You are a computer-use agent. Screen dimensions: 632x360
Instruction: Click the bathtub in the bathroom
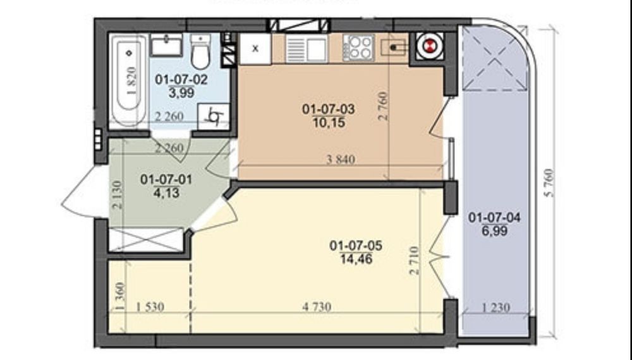click(x=129, y=81)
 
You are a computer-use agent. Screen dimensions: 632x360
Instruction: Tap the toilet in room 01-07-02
click(x=200, y=52)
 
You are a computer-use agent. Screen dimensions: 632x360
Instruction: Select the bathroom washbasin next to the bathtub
click(x=166, y=45)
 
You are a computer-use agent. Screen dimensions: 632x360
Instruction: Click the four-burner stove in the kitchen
click(x=358, y=48)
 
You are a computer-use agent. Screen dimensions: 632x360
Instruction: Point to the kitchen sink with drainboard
click(x=306, y=49)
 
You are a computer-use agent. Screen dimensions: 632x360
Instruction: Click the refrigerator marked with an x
click(x=255, y=49)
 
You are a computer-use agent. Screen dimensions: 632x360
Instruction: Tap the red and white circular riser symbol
click(x=430, y=45)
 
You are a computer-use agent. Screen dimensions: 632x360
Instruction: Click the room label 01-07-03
click(x=329, y=109)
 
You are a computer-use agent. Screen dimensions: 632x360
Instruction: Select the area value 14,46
click(x=356, y=259)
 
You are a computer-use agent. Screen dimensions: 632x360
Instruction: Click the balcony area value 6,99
click(x=495, y=231)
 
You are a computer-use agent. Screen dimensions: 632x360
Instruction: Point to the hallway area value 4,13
click(x=166, y=193)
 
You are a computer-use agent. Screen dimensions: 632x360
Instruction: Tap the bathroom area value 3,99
click(x=181, y=93)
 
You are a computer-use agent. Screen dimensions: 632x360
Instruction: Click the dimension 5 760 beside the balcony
click(x=549, y=183)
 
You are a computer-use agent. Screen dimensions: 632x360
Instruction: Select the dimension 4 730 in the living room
click(x=317, y=307)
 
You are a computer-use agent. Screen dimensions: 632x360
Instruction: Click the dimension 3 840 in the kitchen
click(x=341, y=159)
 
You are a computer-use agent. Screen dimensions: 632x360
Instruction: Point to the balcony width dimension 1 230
click(x=496, y=308)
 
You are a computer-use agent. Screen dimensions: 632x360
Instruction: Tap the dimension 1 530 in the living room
click(x=150, y=307)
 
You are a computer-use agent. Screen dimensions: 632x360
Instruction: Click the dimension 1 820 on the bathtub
click(x=132, y=81)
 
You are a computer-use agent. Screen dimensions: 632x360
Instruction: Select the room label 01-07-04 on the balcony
click(x=494, y=217)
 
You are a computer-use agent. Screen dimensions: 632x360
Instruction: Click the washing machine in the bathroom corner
click(x=214, y=116)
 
